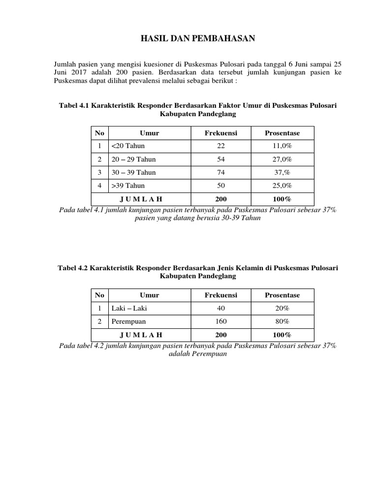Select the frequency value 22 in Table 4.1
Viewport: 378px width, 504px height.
point(220,146)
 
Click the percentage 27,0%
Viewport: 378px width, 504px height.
point(282,159)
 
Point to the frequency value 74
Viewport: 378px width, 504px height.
point(220,173)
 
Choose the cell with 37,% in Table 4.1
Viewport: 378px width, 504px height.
point(282,173)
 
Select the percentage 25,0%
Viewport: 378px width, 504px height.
point(282,186)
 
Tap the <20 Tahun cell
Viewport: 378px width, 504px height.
point(128,146)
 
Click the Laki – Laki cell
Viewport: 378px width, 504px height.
point(129,308)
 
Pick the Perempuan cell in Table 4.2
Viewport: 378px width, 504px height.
point(129,321)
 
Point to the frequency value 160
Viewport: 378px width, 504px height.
point(220,321)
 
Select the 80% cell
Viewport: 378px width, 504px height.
point(282,321)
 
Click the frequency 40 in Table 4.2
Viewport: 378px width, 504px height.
point(220,308)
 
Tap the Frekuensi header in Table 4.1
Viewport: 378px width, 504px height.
point(220,133)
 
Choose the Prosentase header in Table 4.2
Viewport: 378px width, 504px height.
point(282,295)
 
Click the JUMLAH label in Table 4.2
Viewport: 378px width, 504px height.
point(141,335)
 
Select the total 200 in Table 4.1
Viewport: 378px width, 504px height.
point(220,199)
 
